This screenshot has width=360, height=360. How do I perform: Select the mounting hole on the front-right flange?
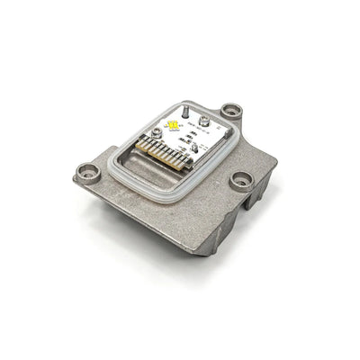point(241,179)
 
